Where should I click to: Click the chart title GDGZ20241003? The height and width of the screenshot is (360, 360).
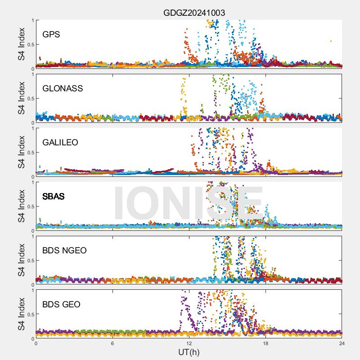(194, 13)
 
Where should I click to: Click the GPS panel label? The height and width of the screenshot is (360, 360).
(51, 35)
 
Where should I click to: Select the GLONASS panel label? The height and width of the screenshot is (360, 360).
(63, 89)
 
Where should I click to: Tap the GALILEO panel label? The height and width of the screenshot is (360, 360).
(60, 143)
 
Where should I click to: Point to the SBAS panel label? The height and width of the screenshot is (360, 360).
(53, 197)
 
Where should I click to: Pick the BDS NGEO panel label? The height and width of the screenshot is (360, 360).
(64, 251)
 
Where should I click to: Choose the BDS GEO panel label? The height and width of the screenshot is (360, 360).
(61, 305)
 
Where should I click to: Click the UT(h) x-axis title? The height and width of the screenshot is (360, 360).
(189, 352)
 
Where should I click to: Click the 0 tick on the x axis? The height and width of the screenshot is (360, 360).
(36, 343)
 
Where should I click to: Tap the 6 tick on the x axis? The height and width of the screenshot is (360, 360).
(112, 343)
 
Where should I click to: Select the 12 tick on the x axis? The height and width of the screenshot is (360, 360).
(189, 343)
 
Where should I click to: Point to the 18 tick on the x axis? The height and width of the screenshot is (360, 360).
(265, 343)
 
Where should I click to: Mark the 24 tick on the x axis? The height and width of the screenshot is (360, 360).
(342, 343)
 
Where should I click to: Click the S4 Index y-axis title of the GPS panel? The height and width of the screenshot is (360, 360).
(22, 44)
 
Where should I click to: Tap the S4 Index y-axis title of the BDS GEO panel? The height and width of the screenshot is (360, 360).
(22, 314)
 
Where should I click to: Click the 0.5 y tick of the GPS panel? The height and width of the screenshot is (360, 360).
(30, 44)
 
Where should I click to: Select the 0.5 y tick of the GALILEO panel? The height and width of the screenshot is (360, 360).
(30, 152)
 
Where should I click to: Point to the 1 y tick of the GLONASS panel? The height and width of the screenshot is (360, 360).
(32, 74)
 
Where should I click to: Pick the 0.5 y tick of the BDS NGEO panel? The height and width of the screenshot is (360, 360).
(30, 260)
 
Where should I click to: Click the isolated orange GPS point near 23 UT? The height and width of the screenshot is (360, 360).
(331, 41)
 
